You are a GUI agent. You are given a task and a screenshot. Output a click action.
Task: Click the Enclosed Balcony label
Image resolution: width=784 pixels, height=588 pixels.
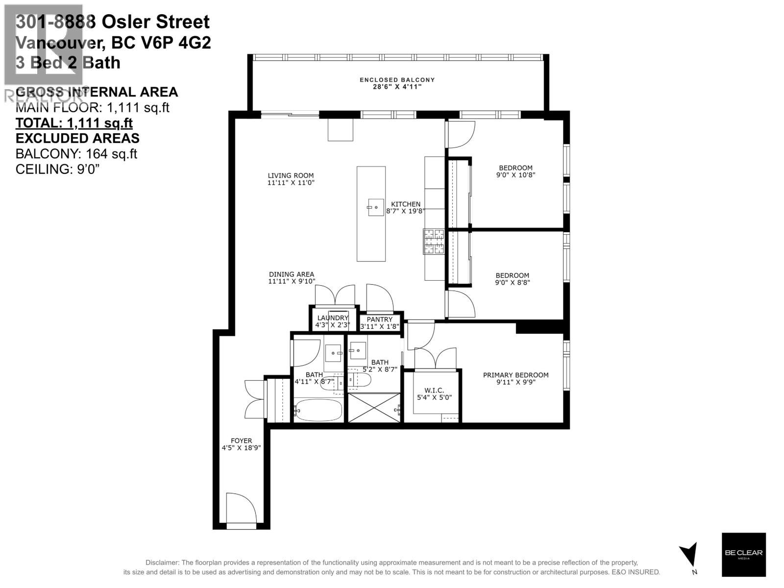click(x=397, y=80)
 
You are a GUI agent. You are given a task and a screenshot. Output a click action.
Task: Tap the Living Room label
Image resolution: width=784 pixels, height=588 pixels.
click(x=291, y=175)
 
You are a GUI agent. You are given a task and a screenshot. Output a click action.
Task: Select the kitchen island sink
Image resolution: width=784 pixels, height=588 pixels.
click(x=376, y=207)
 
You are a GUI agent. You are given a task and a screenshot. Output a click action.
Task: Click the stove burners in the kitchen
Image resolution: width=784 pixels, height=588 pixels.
click(x=434, y=242)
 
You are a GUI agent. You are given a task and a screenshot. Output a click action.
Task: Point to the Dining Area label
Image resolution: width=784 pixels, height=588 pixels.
click(x=291, y=274)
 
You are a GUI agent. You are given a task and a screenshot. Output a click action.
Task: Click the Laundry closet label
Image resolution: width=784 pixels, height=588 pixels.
click(x=332, y=318)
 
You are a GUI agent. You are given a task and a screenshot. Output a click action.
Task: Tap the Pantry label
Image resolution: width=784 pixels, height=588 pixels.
click(x=380, y=319)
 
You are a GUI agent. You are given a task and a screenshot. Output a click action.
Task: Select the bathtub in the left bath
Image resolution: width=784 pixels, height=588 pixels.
click(x=318, y=410)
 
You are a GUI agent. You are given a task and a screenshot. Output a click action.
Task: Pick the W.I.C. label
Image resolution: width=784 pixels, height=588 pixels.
click(x=434, y=390)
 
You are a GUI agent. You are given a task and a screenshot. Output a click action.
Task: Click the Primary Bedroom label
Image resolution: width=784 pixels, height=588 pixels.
click(x=515, y=375)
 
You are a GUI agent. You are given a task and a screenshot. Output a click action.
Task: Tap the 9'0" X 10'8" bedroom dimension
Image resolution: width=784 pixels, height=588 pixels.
click(x=515, y=175)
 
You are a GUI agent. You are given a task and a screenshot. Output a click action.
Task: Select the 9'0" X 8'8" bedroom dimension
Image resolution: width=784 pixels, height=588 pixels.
click(x=513, y=283)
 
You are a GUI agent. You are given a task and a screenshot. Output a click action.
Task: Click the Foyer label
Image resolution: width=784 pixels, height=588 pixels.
click(x=241, y=441)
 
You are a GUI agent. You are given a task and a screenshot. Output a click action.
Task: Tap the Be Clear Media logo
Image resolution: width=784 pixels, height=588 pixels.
click(x=743, y=554)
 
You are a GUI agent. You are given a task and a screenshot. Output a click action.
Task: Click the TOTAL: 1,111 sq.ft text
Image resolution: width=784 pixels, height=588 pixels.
click(x=74, y=123)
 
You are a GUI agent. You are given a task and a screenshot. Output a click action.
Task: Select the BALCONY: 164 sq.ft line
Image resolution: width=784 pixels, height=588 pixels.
click(x=76, y=154)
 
